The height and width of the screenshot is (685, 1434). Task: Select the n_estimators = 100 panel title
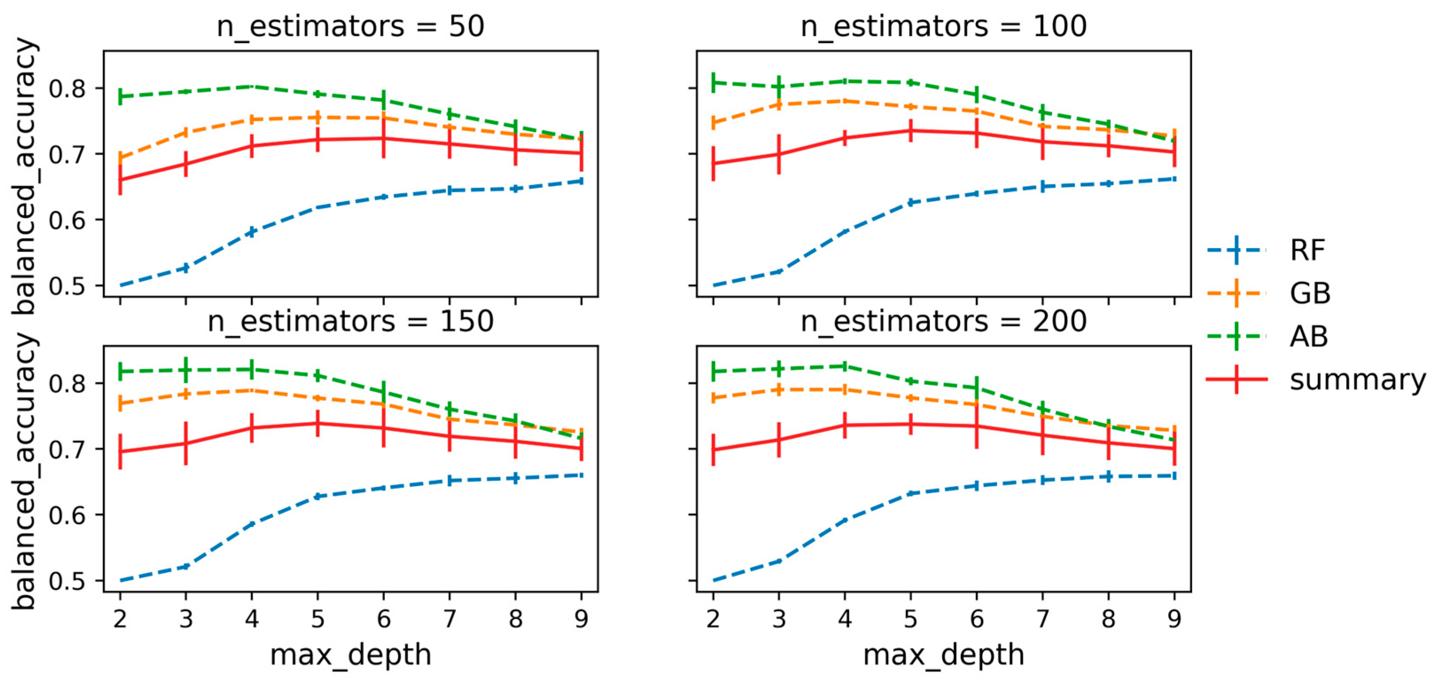(944, 27)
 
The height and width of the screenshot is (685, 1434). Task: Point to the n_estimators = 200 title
(944, 321)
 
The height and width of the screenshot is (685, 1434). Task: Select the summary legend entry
(1317, 380)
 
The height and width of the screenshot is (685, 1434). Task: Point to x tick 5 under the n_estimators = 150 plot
(318, 618)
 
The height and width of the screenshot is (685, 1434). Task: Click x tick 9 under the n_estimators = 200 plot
(1174, 618)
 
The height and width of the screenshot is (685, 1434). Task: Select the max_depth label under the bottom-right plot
(944, 655)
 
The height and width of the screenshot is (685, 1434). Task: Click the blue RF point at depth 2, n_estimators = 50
(120, 285)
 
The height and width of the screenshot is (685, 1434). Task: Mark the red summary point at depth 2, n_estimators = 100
(713, 163)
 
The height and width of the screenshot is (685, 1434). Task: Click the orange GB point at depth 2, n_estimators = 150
(120, 403)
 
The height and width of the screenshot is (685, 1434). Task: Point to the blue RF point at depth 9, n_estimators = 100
(1174, 179)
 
